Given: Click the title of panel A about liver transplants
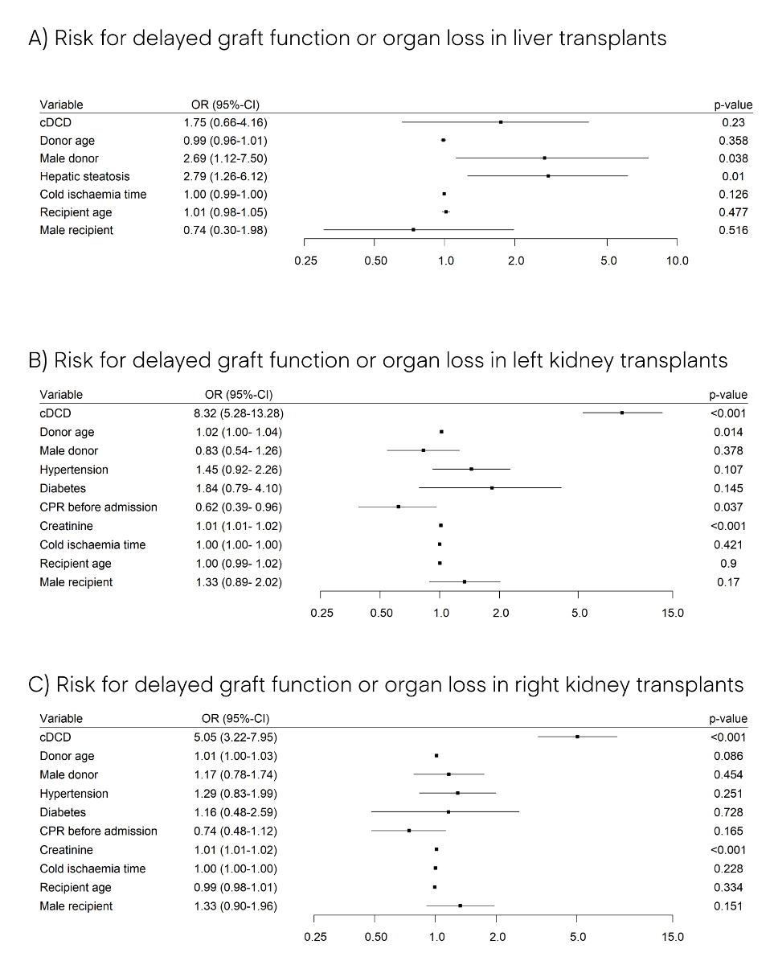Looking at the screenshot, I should [x=347, y=38].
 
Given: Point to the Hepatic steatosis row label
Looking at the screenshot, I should [x=84, y=176].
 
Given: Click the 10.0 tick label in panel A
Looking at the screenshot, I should [x=677, y=261].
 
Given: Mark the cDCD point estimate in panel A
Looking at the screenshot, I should [x=501, y=122].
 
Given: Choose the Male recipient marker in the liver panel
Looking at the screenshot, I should [x=413, y=230].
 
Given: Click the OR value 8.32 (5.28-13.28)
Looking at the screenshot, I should [x=233, y=413].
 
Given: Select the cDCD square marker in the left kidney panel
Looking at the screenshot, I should [x=622, y=413].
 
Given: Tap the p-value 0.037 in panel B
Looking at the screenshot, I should [x=730, y=507].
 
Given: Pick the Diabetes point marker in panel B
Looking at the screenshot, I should [x=492, y=488].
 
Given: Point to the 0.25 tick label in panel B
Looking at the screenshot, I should [x=321, y=614].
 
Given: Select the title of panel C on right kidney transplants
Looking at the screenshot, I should [x=386, y=684].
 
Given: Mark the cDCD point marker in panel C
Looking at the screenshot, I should [x=577, y=737].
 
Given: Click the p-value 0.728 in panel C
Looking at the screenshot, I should [x=730, y=812].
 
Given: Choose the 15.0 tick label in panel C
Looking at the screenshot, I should [x=673, y=937].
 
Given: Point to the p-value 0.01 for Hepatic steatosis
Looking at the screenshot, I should [x=733, y=176].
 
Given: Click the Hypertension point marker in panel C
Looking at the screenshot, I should [x=457, y=793].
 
